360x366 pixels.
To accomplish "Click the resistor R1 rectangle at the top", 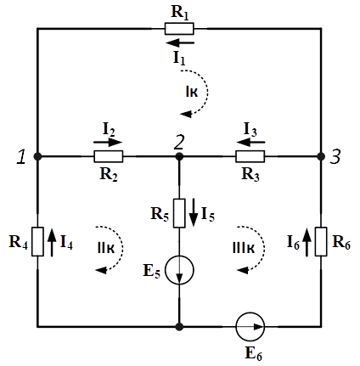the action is pos(179,29).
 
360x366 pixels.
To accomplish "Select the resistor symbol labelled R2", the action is pos(109,156).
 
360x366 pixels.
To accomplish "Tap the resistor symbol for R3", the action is pos(250,156).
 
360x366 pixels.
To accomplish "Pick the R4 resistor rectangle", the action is pos(37,241).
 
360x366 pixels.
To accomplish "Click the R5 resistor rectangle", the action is pos(179,213).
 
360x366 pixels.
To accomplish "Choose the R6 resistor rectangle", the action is pos(321,241).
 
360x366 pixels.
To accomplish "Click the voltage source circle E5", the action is pos(179,270).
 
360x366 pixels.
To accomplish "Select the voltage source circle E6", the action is pos(250,327).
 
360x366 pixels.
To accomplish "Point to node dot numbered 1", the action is pos(37,156).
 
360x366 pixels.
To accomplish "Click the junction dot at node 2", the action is pos(179,156).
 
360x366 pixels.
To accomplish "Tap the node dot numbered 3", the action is pos(321,156).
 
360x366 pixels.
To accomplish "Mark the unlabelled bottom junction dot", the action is pos(179,327).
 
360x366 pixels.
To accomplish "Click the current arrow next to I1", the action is pos(180,43).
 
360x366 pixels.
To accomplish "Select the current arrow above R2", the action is pos(108,142).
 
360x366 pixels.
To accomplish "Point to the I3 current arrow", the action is pos(250,142).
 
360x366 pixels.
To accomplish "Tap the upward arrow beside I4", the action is pos(52,242).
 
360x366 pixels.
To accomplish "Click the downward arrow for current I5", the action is pos(194,212).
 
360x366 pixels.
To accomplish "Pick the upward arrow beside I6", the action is pos(307,242).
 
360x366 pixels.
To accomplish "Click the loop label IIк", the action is pos(106,249).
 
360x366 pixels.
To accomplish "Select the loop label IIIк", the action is pos(244,249).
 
